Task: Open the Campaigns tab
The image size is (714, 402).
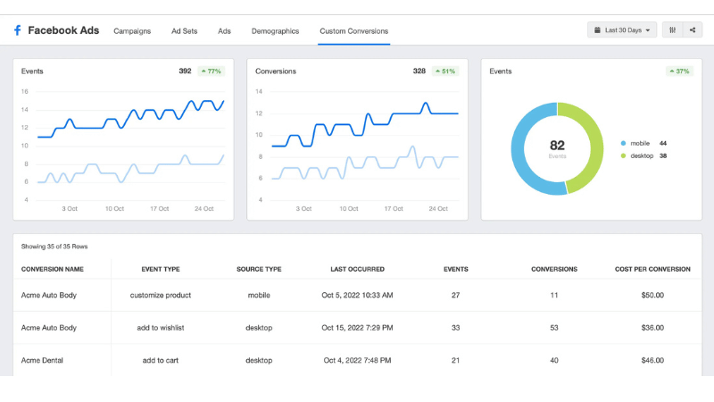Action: [x=132, y=31]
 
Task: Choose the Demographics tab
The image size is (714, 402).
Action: [x=275, y=31]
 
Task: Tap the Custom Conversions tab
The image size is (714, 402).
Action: [x=353, y=31]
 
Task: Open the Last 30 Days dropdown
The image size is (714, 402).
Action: [x=622, y=30]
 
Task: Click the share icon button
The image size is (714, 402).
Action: [x=693, y=30]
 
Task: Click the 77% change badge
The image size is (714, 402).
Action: [x=211, y=71]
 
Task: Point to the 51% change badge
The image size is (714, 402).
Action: [x=444, y=71]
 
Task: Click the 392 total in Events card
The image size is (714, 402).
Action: [x=185, y=71]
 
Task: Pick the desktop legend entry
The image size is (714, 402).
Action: [x=643, y=155]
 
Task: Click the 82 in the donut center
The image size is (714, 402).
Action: [x=557, y=145]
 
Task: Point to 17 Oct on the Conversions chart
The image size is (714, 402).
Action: [x=394, y=209]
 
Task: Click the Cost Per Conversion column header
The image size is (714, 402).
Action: [x=652, y=269]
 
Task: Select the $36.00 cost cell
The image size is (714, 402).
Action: [x=652, y=328]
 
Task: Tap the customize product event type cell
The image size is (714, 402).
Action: [x=161, y=295]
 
